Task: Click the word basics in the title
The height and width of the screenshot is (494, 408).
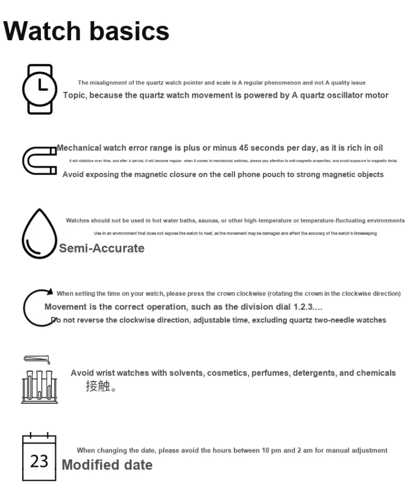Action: [129, 32]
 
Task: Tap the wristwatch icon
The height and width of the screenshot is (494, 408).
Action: [39, 89]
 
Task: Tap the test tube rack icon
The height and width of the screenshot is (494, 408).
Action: [39, 380]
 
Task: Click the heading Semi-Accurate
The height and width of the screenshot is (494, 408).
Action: [102, 248]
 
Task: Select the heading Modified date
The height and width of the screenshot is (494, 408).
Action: [107, 465]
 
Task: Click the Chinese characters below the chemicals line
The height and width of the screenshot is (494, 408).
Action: [101, 387]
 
